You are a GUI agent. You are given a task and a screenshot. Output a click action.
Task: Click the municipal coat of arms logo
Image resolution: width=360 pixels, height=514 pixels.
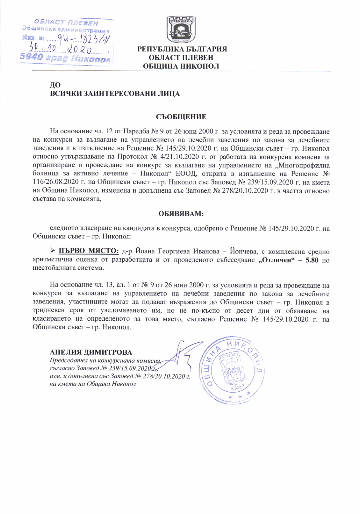(x=181, y=30)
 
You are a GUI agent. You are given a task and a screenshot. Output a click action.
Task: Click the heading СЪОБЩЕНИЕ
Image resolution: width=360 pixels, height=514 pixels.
(x=181, y=117)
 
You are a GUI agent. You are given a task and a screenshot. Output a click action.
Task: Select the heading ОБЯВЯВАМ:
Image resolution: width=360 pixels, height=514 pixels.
(x=181, y=214)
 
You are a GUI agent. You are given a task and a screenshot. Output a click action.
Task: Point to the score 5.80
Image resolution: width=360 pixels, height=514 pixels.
(x=312, y=260)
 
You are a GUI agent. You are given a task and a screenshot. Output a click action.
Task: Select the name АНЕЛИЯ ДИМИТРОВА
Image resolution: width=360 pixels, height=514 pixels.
(x=91, y=352)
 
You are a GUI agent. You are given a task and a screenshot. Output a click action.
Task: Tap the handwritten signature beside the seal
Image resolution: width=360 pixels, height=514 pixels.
(x=181, y=358)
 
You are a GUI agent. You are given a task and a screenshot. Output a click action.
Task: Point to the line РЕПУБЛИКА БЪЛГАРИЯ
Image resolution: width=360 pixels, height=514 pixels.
(x=182, y=49)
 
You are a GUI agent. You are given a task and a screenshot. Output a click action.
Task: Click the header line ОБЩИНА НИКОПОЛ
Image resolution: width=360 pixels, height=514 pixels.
(x=181, y=66)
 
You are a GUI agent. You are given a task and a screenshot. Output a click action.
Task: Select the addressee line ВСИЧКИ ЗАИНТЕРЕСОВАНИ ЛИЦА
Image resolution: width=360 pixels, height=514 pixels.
(x=115, y=94)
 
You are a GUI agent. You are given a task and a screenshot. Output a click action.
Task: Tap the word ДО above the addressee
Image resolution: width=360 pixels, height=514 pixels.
(x=55, y=85)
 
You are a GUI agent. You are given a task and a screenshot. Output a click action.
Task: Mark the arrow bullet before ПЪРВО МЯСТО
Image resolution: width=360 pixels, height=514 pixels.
(x=53, y=251)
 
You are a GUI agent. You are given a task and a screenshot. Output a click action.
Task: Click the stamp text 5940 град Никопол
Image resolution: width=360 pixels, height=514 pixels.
(x=65, y=58)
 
